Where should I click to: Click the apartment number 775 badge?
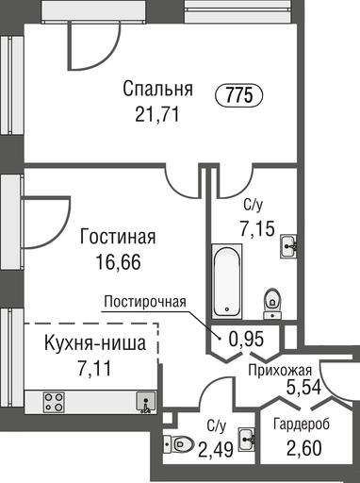point(239,94)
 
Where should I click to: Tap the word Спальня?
point(157,89)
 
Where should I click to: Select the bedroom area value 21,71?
point(157,113)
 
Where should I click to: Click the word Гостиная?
point(118,237)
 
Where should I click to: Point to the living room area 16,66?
point(118,262)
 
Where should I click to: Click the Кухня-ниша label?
point(95,343)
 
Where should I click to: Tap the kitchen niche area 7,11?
point(95,369)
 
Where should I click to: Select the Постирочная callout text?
point(145,302)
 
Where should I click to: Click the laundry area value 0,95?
point(246,340)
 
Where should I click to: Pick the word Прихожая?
point(280,371)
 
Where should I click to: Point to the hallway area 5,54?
point(303,387)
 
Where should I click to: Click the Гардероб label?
point(302,425)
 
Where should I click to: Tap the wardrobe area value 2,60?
point(304,448)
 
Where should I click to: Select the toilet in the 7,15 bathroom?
point(272,304)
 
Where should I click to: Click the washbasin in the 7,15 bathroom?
point(288,246)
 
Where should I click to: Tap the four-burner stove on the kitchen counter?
point(54,402)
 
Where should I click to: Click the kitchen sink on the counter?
point(146,402)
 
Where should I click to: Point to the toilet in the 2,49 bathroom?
point(179,444)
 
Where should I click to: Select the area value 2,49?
point(216,449)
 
